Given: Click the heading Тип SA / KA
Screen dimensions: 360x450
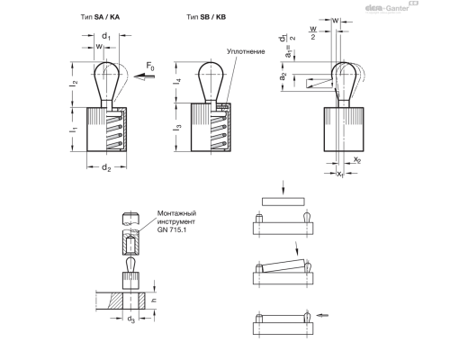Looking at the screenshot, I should point(103,18).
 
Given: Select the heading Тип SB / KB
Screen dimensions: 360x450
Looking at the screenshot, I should point(207,18).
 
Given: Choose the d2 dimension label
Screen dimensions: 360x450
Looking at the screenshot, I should point(106,167).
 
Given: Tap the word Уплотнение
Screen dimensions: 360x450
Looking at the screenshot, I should point(245,53).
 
